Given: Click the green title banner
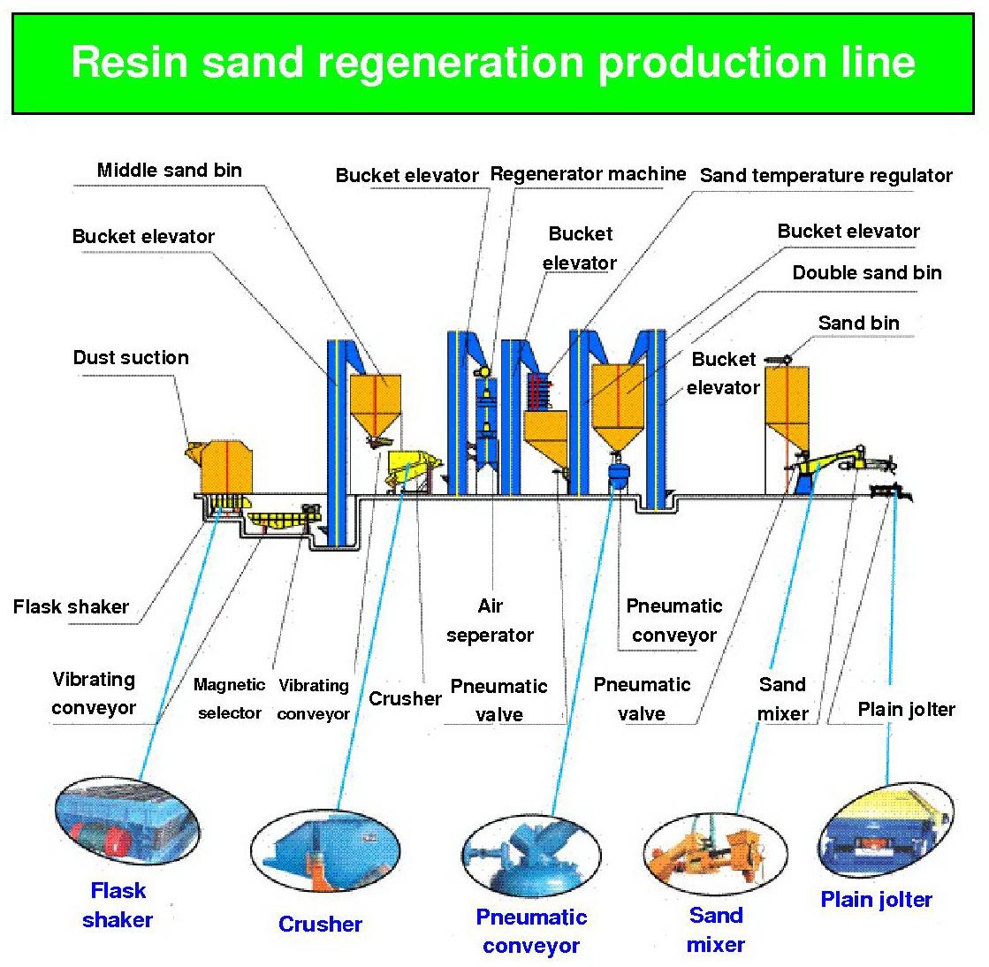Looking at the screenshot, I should [493, 63].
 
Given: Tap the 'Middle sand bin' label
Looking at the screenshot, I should [169, 171].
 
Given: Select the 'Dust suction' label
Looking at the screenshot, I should [131, 358].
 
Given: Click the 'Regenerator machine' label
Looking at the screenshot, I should [588, 174].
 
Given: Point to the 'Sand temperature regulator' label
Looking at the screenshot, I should [825, 176].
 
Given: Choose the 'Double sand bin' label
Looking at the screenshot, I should [866, 273].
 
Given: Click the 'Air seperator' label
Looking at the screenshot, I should [490, 621].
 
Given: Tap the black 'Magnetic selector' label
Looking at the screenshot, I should [229, 698].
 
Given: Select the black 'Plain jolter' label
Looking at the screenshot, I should [906, 710].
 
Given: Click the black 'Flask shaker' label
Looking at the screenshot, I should [71, 607].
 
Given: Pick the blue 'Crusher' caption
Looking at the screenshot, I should [320, 925].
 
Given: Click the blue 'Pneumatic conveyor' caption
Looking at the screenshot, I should [531, 932].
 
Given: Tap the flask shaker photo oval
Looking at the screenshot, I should [118, 826].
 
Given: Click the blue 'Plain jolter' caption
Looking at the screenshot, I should [876, 900].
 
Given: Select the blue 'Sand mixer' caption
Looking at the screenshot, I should [716, 930].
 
